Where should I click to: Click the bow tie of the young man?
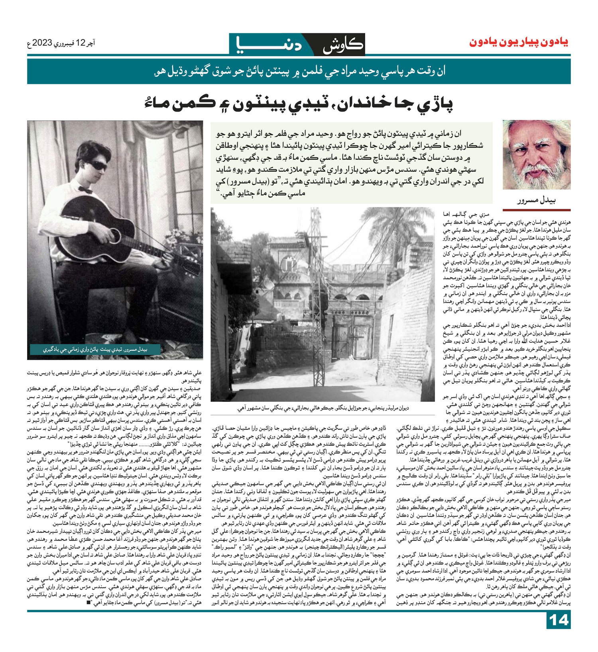point(85,189)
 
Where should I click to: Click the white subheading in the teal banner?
point(299,72)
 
